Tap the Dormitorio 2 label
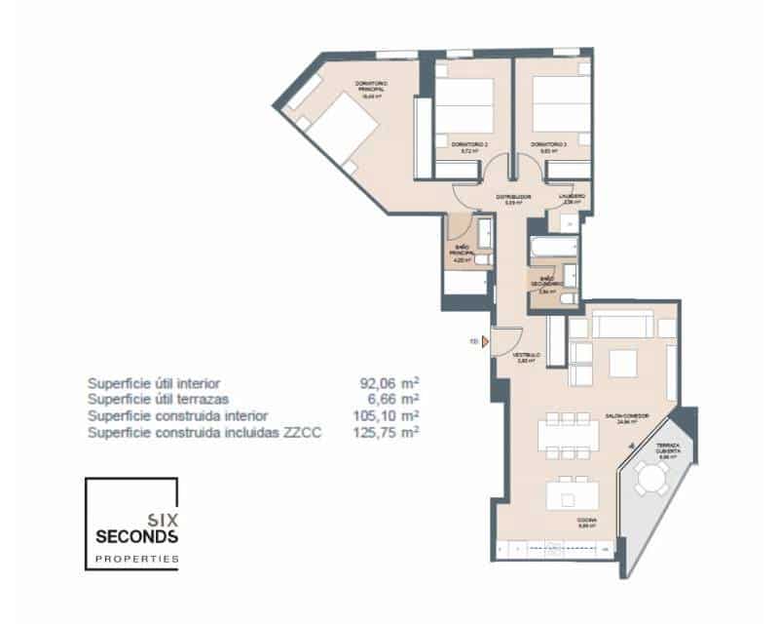(x=469, y=147)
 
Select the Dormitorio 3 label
(x=550, y=147)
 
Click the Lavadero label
(x=572, y=199)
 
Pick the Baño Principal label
(x=461, y=255)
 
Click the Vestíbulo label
(x=527, y=357)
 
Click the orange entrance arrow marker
(x=484, y=341)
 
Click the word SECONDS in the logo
(x=136, y=536)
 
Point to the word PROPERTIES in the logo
(x=136, y=560)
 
